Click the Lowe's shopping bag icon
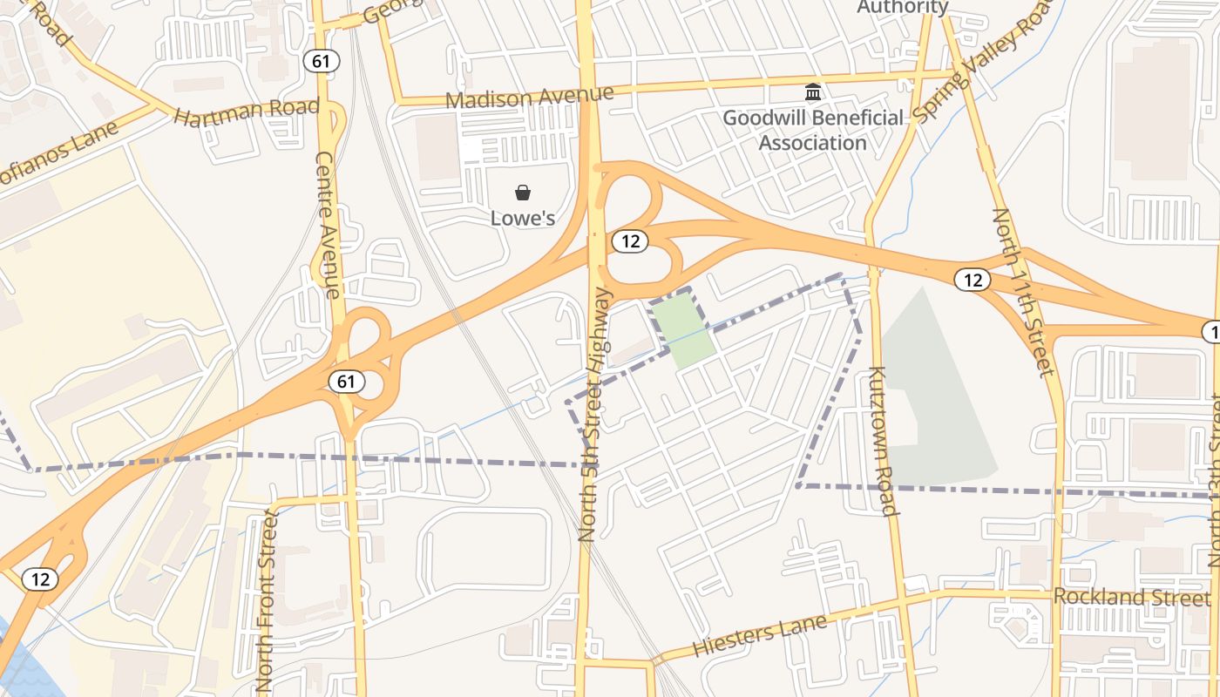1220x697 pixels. coord(523,193)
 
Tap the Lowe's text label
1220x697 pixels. coord(523,218)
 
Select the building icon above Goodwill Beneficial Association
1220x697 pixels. coord(813,91)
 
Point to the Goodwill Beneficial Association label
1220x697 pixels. coord(813,130)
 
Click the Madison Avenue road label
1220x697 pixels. coord(530,97)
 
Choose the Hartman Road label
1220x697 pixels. coord(247,112)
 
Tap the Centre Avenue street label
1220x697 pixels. coord(326,226)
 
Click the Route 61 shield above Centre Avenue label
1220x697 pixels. coord(321,61)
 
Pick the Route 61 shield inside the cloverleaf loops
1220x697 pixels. coord(346,381)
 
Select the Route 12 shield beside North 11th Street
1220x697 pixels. coord(973,280)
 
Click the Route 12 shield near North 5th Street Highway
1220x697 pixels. coord(629,241)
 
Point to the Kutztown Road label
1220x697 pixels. coord(882,443)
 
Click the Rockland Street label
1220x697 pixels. coord(1131,598)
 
